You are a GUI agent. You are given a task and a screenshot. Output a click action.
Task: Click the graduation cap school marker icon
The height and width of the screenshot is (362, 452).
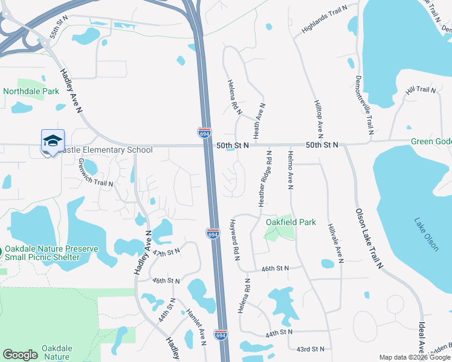(53, 141)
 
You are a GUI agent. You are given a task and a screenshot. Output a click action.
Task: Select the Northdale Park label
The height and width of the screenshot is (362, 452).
(31, 92)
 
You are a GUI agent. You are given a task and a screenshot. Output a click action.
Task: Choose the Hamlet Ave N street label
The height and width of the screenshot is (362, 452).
(197, 326)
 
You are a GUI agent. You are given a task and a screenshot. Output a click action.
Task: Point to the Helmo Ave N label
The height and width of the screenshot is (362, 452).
(290, 171)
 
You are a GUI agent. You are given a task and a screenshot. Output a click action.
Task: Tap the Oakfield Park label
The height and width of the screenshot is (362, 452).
(291, 222)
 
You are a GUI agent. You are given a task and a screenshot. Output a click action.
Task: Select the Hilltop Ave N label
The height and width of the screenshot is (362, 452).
(318, 118)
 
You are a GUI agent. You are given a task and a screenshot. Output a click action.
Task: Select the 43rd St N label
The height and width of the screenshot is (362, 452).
(311, 349)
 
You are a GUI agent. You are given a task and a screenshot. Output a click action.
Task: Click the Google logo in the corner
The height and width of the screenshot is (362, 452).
(21, 355)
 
